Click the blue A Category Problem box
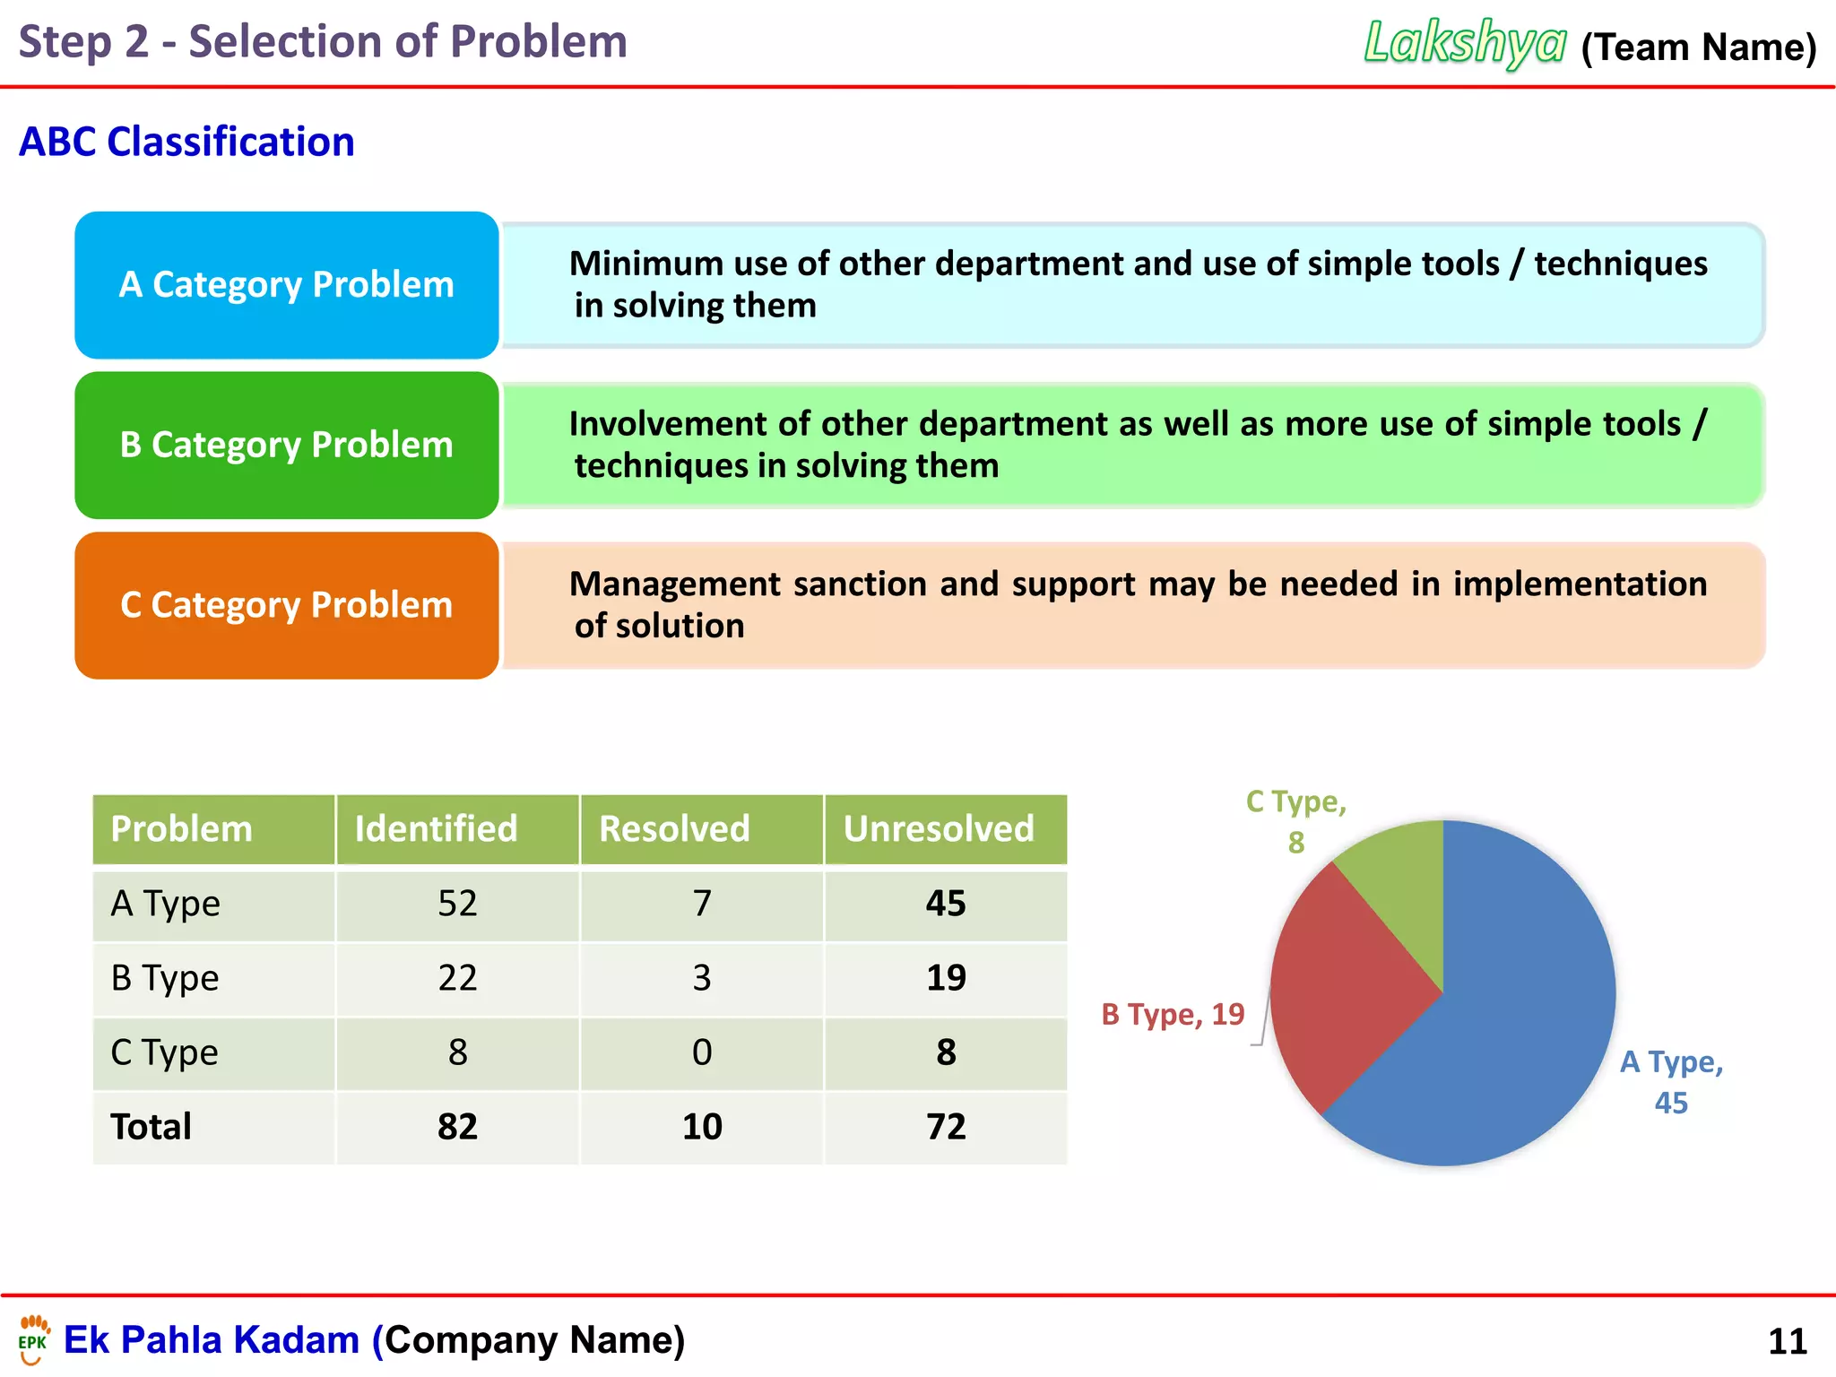[287, 285]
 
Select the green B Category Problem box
[287, 446]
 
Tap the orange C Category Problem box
[287, 605]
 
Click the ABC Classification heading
[186, 142]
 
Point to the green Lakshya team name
[1465, 43]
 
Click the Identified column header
[437, 828]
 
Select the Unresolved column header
[939, 828]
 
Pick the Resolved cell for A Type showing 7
[702, 904]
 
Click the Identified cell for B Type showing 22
[457, 978]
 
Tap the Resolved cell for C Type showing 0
[702, 1052]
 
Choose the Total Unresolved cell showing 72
[946, 1127]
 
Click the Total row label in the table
[151, 1127]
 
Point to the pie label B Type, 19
[1173, 1015]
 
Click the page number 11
[1787, 1342]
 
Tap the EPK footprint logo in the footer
[34, 1338]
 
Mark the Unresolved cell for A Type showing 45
[946, 904]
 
